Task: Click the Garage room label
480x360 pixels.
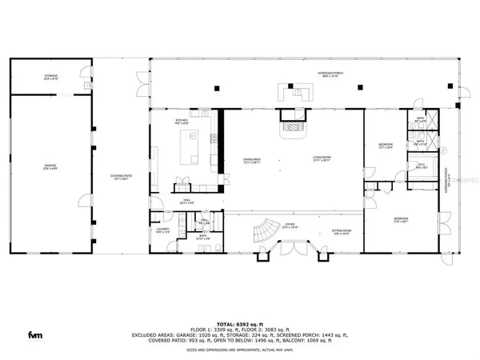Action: click(50, 167)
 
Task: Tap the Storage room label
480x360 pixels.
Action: click(51, 77)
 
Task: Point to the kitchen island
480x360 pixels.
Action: click(192, 147)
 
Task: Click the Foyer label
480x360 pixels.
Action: click(290, 227)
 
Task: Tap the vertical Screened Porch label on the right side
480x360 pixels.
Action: click(448, 181)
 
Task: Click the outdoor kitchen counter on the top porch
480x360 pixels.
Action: click(292, 91)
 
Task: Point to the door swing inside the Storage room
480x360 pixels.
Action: click(83, 78)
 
